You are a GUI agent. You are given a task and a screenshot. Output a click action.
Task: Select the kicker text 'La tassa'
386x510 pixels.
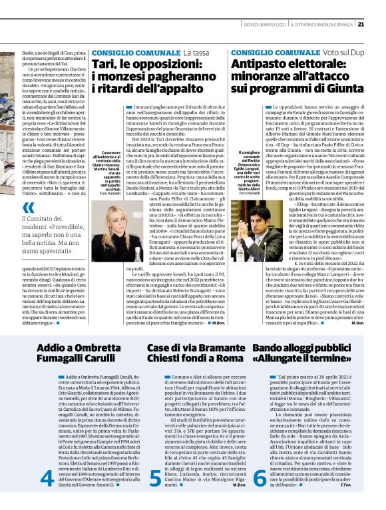click(198, 52)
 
